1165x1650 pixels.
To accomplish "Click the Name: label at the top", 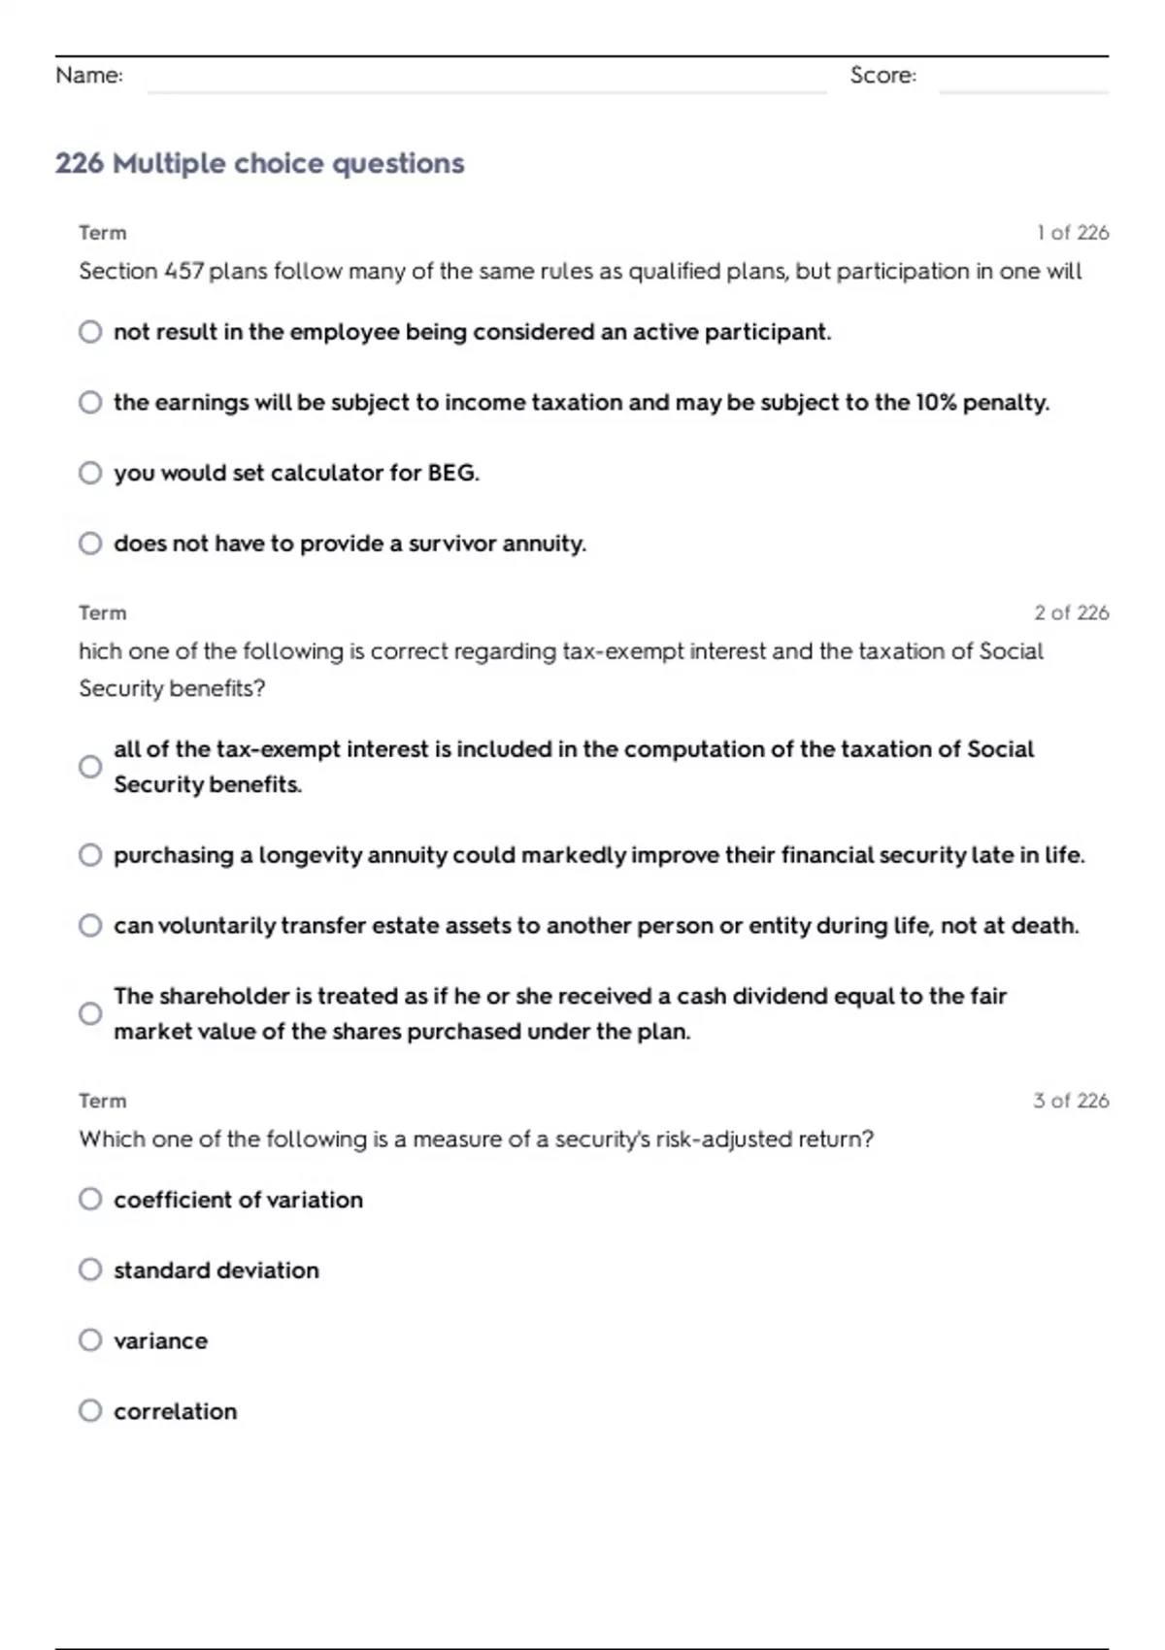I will pyautogui.click(x=89, y=76).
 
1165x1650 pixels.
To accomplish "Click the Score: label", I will pyautogui.click(x=882, y=76).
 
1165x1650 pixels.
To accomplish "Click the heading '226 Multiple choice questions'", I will pyautogui.click(x=259, y=163).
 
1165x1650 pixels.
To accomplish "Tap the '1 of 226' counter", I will pyautogui.click(x=1072, y=233).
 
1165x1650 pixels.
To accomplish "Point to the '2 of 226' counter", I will pyautogui.click(x=1071, y=613).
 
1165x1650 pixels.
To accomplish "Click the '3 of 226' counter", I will pyautogui.click(x=1071, y=1101).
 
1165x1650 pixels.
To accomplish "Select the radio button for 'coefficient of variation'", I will pyautogui.click(x=90, y=1200).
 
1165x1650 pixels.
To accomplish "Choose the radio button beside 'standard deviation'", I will pyautogui.click(x=90, y=1270).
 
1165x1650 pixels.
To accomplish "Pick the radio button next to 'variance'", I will pyautogui.click(x=90, y=1340).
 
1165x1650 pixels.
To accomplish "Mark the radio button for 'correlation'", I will pyautogui.click(x=90, y=1411).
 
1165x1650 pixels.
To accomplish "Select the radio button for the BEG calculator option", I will pyautogui.click(x=90, y=473).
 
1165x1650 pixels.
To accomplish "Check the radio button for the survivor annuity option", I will pyautogui.click(x=90, y=544).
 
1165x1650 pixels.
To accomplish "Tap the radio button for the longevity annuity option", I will pyautogui.click(x=90, y=855).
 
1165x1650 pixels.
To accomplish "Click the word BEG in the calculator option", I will pyautogui.click(x=452, y=473).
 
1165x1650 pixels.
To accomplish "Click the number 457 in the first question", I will pyautogui.click(x=183, y=271).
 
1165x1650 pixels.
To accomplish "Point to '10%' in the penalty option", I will pyautogui.click(x=936, y=403).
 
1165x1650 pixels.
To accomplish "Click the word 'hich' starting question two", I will pyautogui.click(x=98, y=651).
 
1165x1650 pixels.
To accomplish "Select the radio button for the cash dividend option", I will pyautogui.click(x=90, y=1014).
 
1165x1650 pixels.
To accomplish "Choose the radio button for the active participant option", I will pyautogui.click(x=90, y=332).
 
